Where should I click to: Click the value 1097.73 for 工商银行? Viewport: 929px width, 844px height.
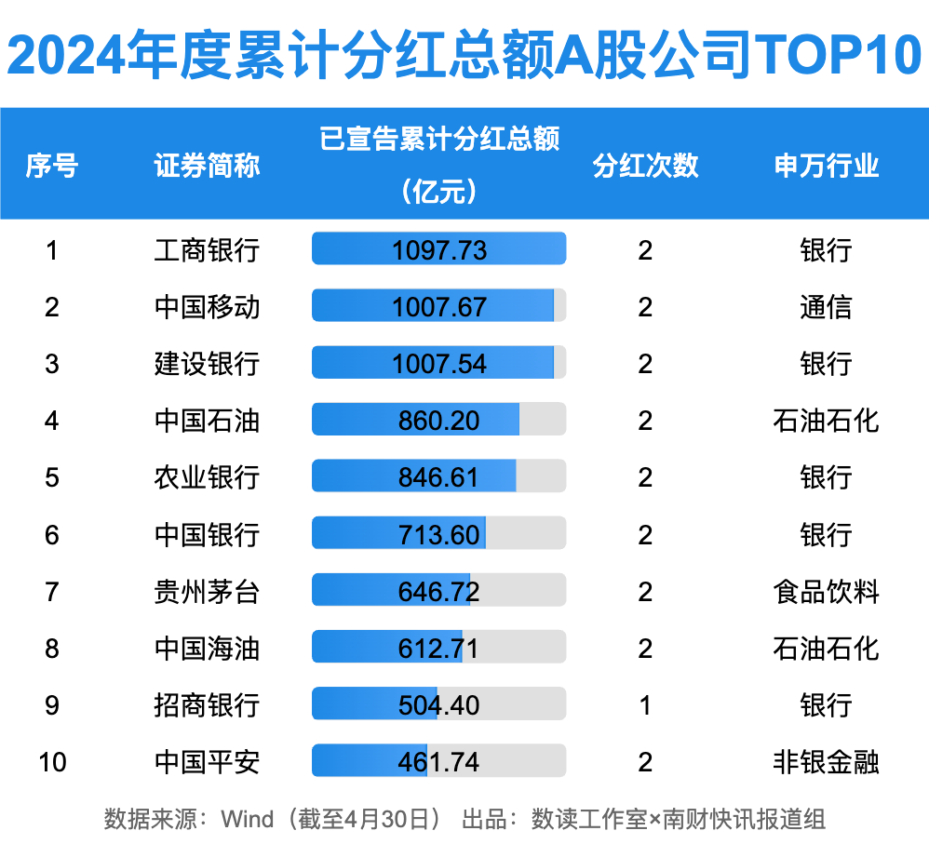pos(439,250)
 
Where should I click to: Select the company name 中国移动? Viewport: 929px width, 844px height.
pos(207,307)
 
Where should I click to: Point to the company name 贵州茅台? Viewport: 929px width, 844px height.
pos(207,592)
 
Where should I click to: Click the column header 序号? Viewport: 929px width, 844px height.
pos(51,166)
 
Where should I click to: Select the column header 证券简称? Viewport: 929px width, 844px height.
pos(207,166)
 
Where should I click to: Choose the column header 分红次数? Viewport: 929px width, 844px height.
pos(645,166)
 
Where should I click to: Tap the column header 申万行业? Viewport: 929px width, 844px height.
pos(826,166)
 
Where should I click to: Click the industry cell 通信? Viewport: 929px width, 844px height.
pos(826,307)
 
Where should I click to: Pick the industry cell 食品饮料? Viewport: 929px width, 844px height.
pos(826,592)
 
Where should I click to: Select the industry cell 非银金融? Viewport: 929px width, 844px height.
pos(826,763)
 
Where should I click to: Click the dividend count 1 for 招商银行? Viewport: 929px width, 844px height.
pos(645,705)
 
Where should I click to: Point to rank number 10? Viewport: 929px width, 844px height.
pos(52,763)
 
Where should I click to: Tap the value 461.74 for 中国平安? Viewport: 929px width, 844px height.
pos(439,763)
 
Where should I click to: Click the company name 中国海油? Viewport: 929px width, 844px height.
pos(207,649)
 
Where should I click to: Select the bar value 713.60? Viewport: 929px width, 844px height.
pos(439,535)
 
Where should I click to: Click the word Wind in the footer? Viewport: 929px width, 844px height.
pos(247,820)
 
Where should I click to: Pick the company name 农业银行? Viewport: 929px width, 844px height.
pos(207,477)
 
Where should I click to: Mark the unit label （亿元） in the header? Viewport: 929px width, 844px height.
pos(439,192)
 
